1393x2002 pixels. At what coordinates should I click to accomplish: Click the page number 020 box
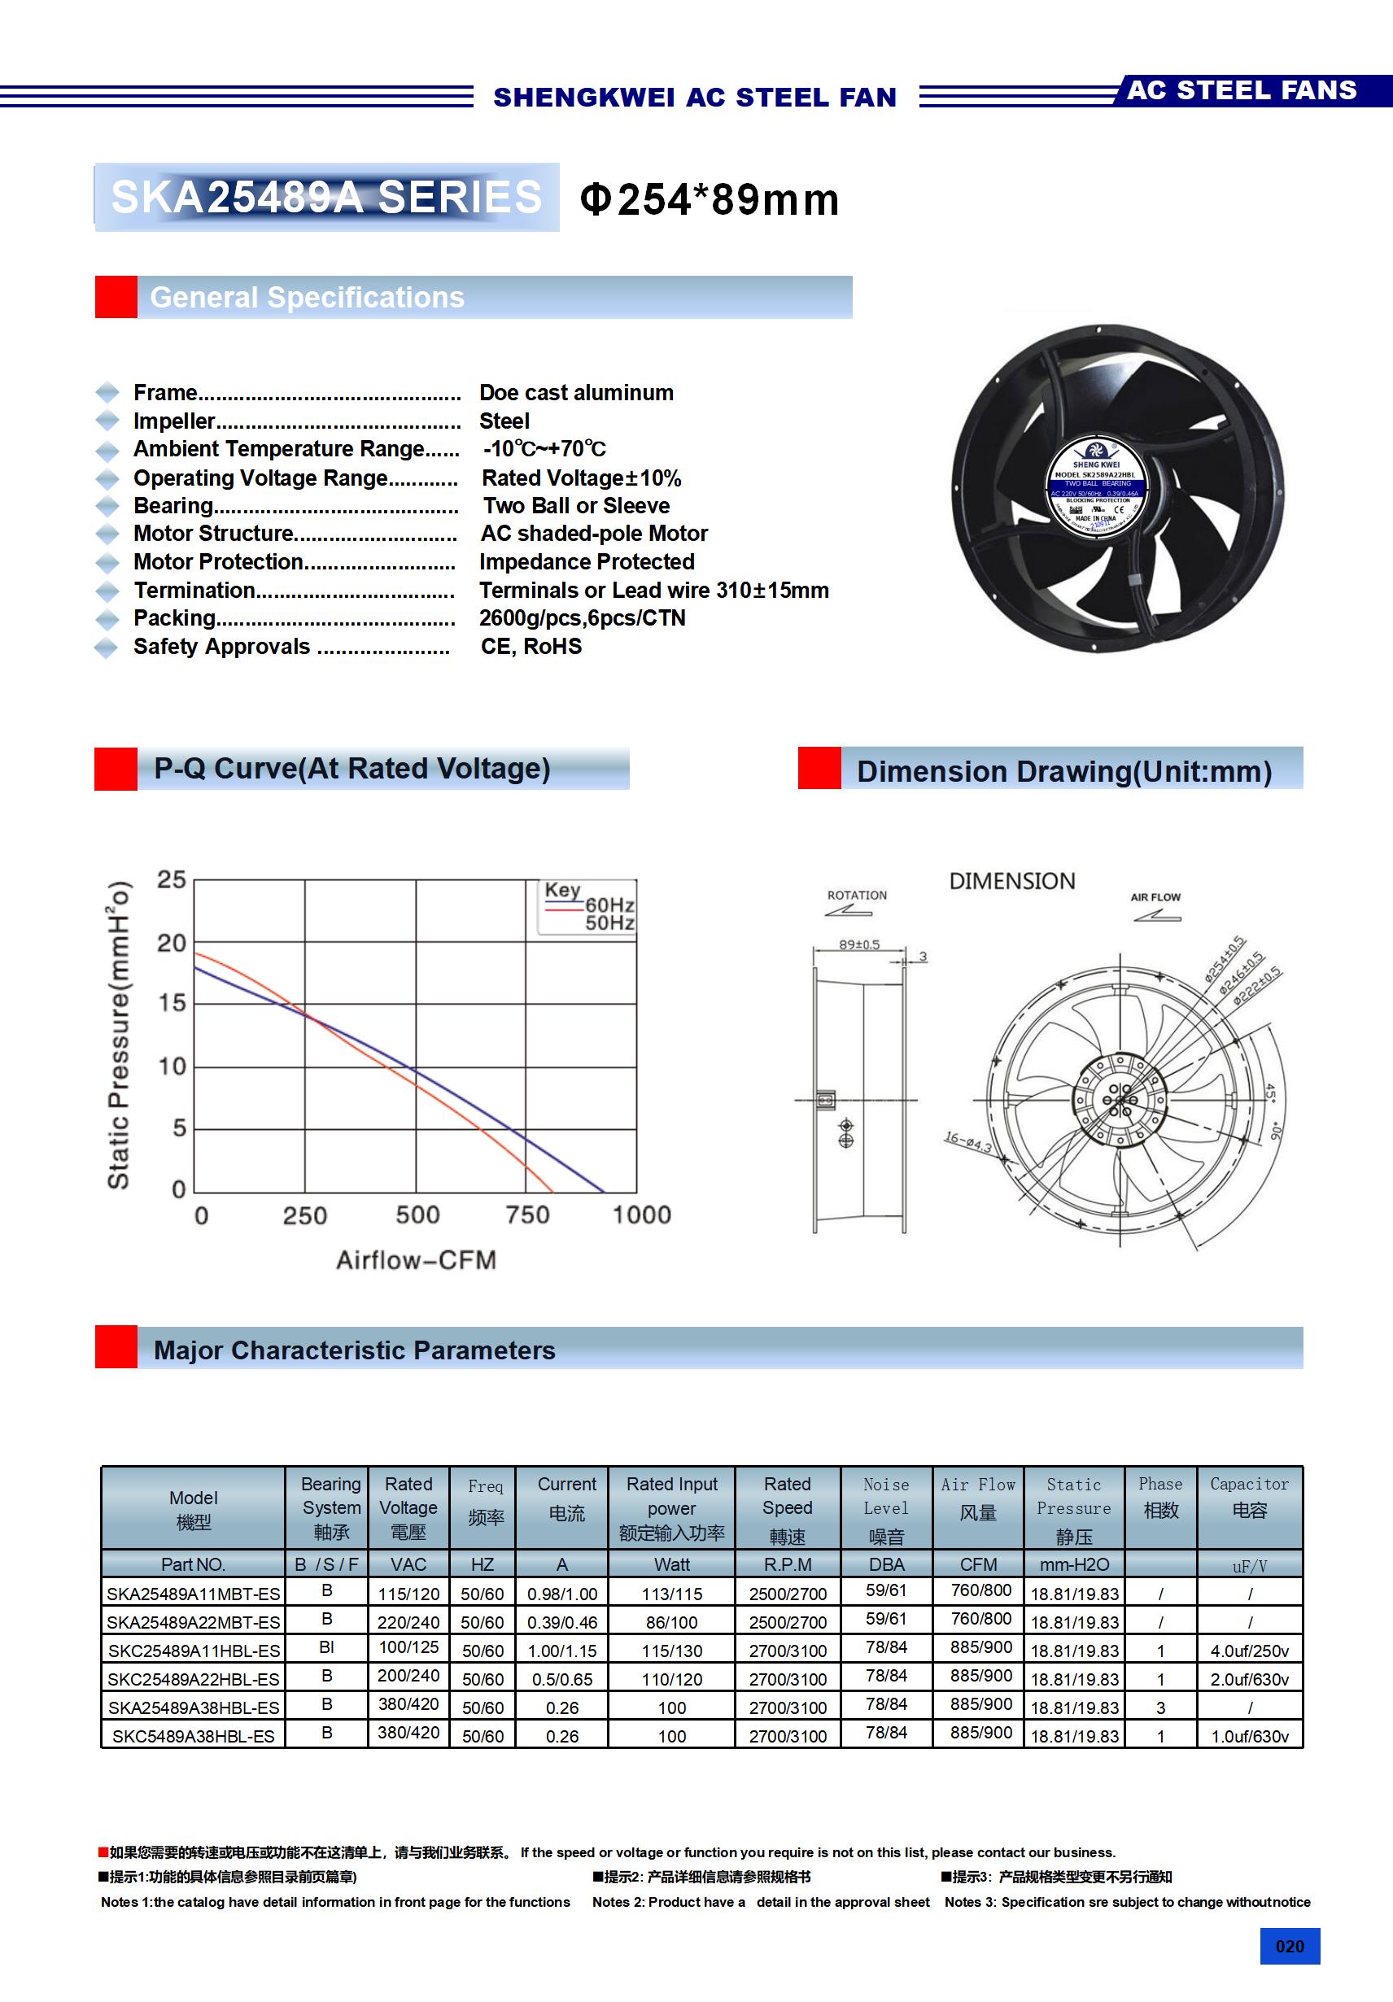pos(1289,1946)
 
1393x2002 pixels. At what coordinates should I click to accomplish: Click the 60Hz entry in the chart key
pos(609,905)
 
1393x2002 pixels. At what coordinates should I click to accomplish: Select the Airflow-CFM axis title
pos(416,1260)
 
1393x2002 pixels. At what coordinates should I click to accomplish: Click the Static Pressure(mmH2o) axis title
pos(119,1035)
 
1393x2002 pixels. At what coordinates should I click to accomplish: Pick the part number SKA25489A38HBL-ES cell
pos(194,1708)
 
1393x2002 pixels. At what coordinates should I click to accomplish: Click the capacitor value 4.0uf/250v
pos(1249,1651)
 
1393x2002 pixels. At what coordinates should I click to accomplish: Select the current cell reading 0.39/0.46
pos(561,1622)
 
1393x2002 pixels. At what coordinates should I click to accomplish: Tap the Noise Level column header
pos(886,1509)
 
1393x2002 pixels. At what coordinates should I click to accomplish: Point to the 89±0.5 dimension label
pos(859,944)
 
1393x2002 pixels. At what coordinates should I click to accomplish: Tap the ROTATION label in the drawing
pos(857,896)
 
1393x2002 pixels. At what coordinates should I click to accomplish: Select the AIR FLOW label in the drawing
pos(1155,897)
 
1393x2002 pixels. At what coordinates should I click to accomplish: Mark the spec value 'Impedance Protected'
pos(587,561)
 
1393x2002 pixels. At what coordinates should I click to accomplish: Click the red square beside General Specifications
pos(116,298)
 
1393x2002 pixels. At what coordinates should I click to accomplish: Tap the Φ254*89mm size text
pos(710,199)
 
